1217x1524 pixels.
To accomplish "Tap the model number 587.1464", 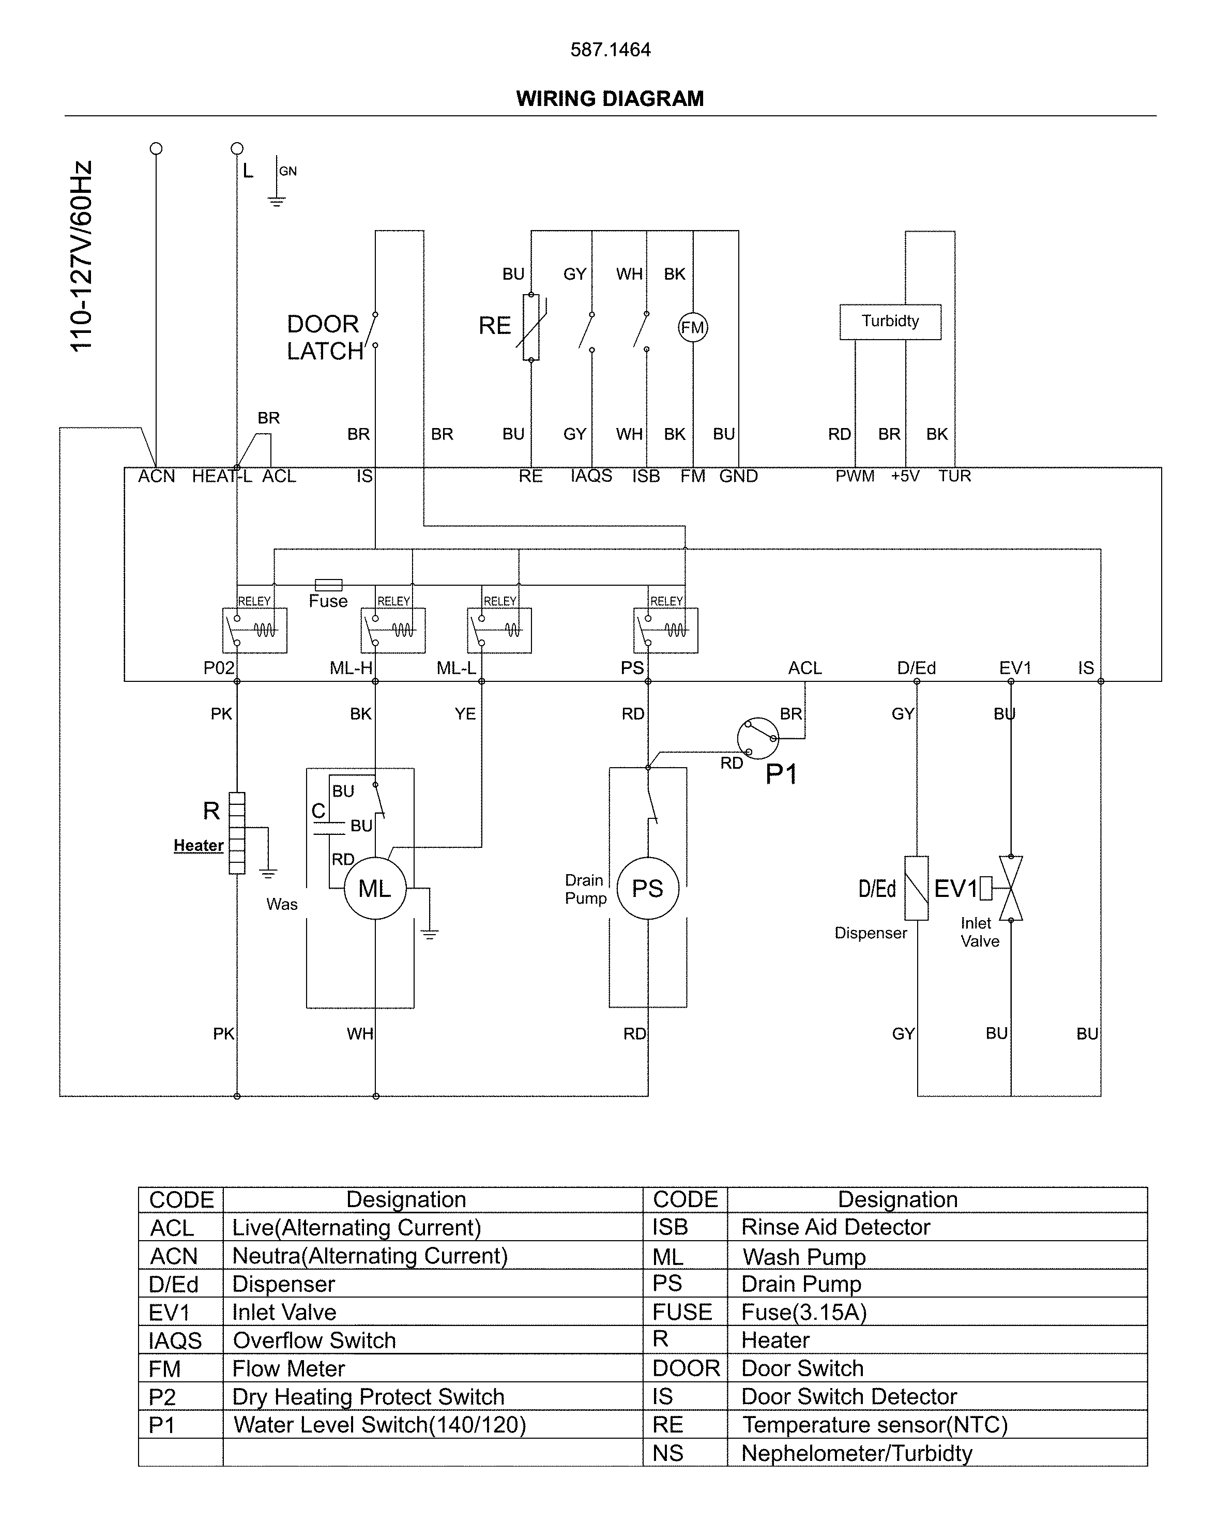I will (610, 50).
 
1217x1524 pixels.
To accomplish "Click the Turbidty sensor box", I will (890, 322).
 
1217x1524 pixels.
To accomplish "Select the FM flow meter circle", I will (693, 327).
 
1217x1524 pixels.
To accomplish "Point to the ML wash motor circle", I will (375, 889).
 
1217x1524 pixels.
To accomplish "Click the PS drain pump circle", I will (647, 889).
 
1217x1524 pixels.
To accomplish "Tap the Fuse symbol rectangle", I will (328, 585).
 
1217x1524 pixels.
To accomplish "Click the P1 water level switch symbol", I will (757, 738).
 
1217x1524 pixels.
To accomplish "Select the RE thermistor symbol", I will (531, 327).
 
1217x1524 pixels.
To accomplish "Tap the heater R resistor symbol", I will (237, 833).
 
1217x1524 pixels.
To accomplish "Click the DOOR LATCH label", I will (324, 338).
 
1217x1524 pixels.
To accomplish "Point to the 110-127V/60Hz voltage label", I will (81, 256).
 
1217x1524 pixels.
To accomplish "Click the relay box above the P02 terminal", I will (254, 630).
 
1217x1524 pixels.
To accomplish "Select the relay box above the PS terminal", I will (666, 630).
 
